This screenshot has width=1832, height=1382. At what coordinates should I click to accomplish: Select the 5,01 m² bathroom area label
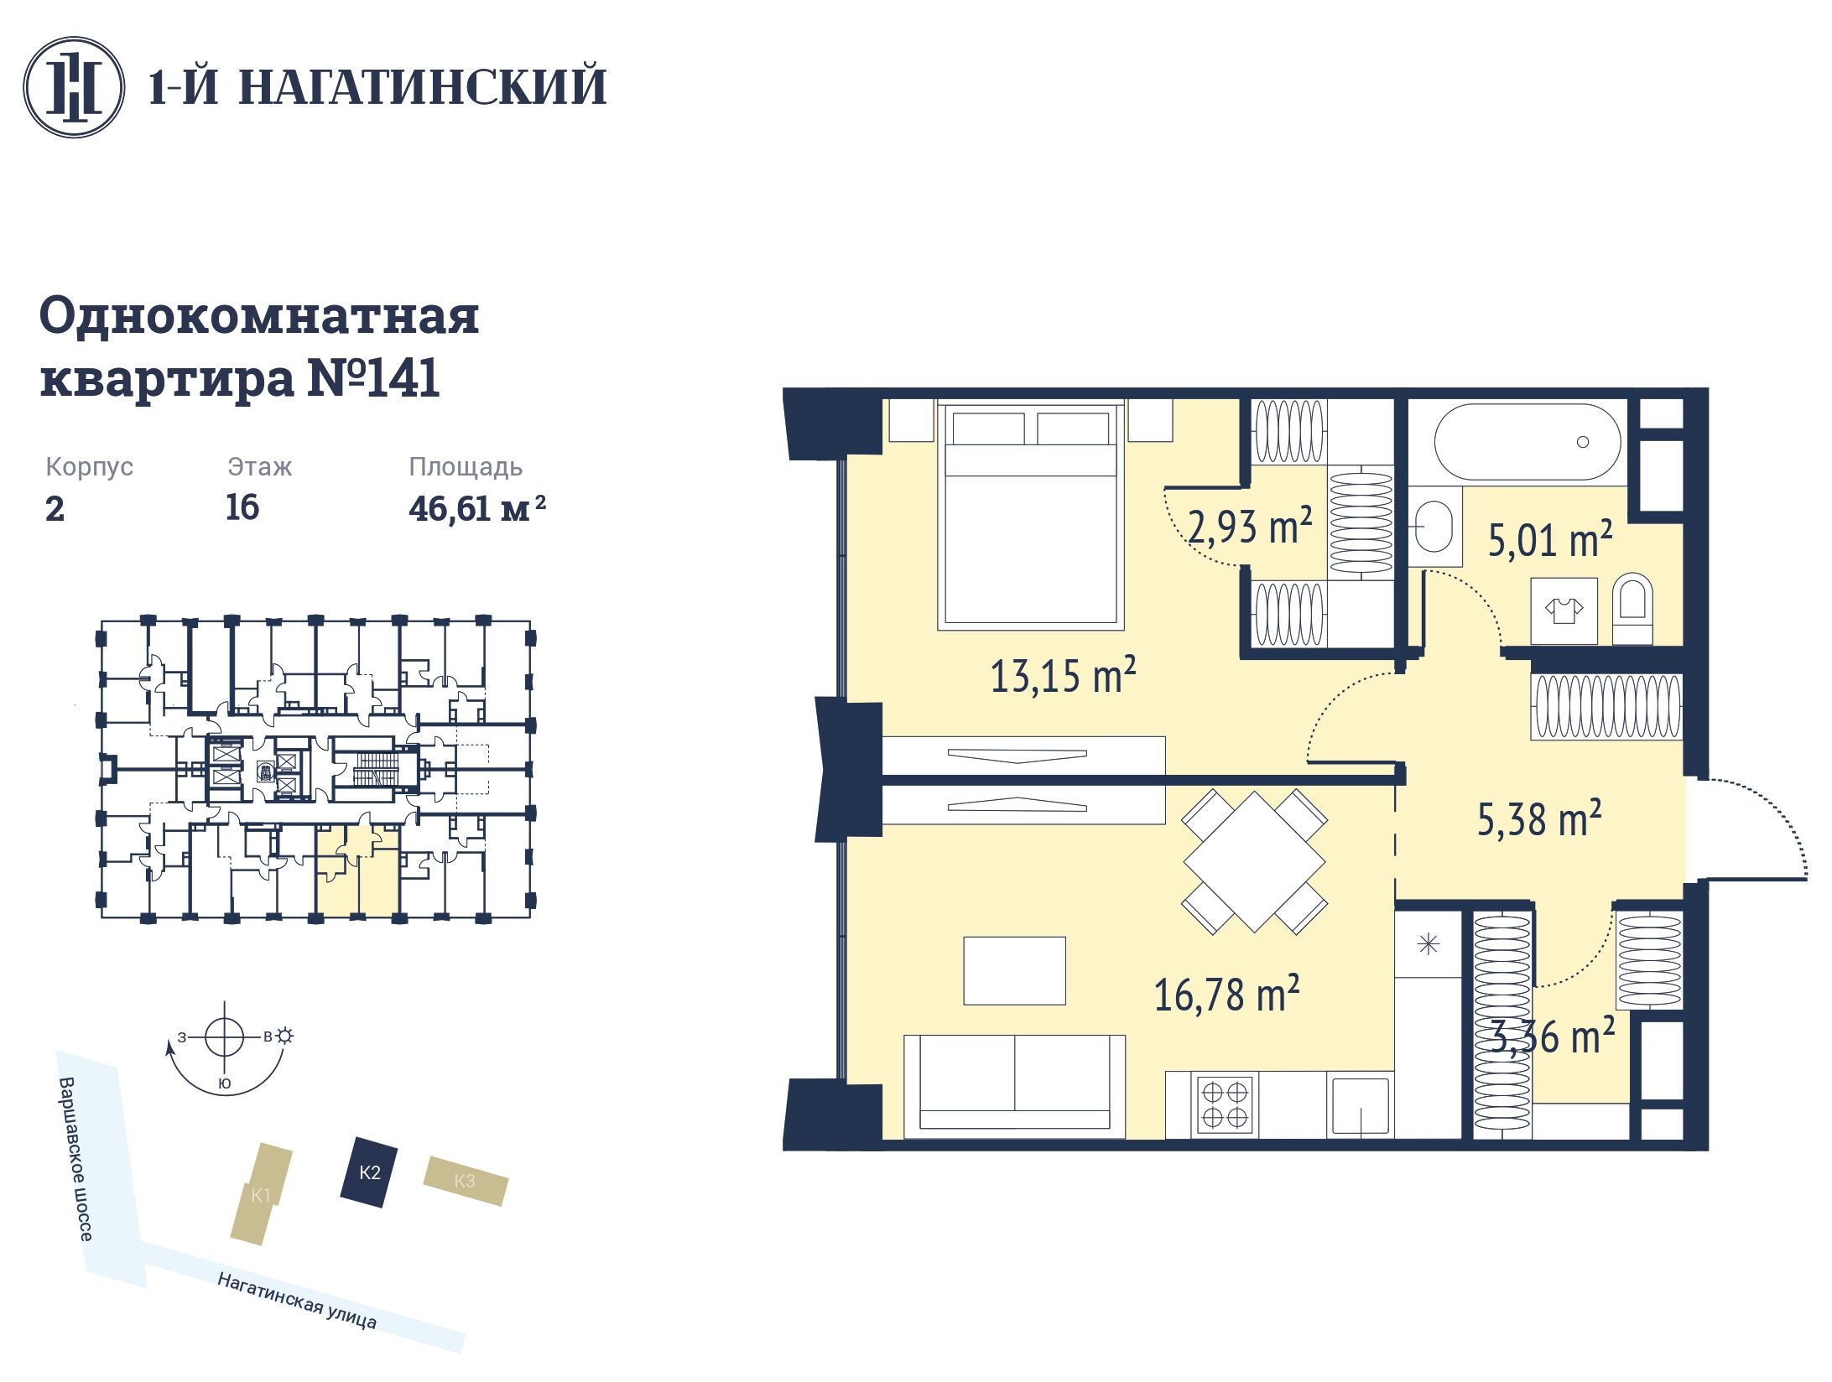pyautogui.click(x=1550, y=539)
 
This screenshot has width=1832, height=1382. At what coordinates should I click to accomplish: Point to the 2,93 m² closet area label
pyautogui.click(x=1251, y=527)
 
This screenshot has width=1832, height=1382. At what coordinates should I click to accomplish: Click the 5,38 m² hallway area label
pyautogui.click(x=1539, y=818)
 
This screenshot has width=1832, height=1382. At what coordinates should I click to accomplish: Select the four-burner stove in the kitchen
pyautogui.click(x=1225, y=1104)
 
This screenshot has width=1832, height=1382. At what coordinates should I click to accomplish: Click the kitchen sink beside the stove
pyautogui.click(x=1359, y=1106)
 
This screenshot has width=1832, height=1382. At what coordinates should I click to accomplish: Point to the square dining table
pyautogui.click(x=1254, y=861)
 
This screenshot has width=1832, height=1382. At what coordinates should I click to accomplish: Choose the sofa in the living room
pyautogui.click(x=1013, y=1085)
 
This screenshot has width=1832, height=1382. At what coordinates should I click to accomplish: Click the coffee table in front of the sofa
pyautogui.click(x=1014, y=970)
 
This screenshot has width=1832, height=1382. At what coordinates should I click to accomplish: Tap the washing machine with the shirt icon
pyautogui.click(x=1564, y=610)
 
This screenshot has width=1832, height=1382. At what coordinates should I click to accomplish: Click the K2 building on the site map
pyautogui.click(x=368, y=1172)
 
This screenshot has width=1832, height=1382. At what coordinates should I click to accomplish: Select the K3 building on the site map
pyautogui.click(x=466, y=1181)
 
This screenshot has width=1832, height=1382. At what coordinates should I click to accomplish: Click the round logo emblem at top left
pyautogui.click(x=74, y=86)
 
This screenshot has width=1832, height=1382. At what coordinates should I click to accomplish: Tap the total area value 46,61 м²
pyautogui.click(x=477, y=508)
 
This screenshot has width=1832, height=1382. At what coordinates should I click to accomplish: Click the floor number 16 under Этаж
pyautogui.click(x=242, y=507)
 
